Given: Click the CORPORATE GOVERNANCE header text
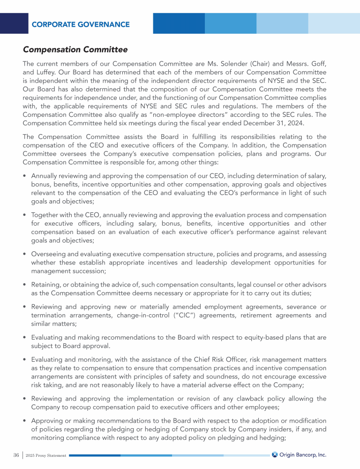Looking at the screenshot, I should coord(81,24).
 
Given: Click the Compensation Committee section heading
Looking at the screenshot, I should coord(75,49).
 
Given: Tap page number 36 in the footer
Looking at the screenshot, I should coord(16,455).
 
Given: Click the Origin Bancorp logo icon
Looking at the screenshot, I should coord(275,454).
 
